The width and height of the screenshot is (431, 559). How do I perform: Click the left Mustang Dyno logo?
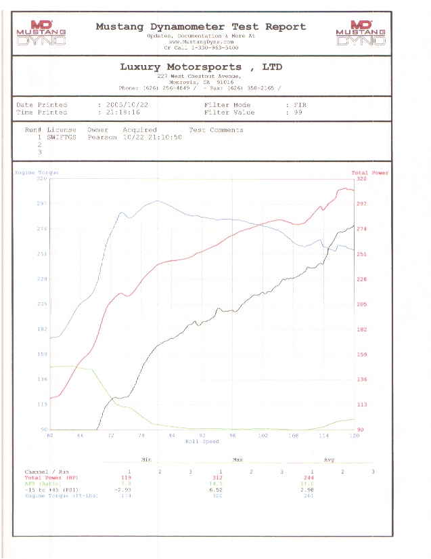pyautogui.click(x=40, y=33)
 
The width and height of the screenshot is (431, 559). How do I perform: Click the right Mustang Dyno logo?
pyautogui.click(x=360, y=33)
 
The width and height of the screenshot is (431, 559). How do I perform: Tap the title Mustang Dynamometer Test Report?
pyautogui.click(x=200, y=26)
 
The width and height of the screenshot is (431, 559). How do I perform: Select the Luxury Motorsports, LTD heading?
pyautogui.click(x=201, y=67)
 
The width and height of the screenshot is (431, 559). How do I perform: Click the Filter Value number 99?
pyautogui.click(x=297, y=112)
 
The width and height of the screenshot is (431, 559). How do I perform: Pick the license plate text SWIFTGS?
pyautogui.click(x=62, y=136)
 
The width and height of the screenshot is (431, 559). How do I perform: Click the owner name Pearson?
pyautogui.click(x=102, y=136)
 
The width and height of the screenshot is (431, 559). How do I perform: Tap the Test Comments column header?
pyautogui.click(x=216, y=129)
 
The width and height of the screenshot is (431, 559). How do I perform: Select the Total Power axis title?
pyautogui.click(x=369, y=173)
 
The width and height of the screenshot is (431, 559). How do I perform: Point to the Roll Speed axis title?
pyautogui.click(x=202, y=441)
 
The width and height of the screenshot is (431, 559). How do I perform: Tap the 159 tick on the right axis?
pyautogui.click(x=361, y=354)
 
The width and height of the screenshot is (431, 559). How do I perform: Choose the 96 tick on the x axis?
pyautogui.click(x=232, y=435)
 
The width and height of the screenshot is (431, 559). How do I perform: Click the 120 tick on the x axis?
pyautogui.click(x=353, y=435)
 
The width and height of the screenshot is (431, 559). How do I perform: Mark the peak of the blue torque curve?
pyautogui.click(x=157, y=201)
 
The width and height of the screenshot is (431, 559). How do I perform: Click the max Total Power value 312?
pyautogui.click(x=218, y=478)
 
